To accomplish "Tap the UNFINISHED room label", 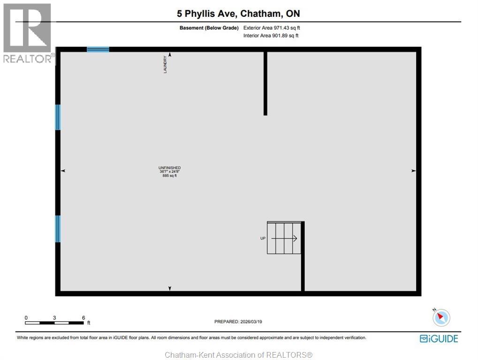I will coord(170,168).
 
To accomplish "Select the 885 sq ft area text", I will coord(170,176).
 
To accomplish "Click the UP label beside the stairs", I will coord(263,238).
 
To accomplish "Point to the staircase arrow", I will coord(284,238).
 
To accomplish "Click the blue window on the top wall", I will coord(98,49).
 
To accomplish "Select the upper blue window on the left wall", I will coord(58,117).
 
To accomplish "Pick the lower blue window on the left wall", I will coord(58,229).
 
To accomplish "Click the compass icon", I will coord(441,317).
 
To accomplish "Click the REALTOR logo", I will coord(27,33).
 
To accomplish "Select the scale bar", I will coord(55,322).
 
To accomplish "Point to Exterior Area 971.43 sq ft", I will coord(272,28).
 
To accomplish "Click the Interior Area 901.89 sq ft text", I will coord(271,36).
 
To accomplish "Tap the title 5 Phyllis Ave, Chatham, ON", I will coord(238,13).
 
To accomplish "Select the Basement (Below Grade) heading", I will coord(209,28).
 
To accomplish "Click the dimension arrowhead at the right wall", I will coord(413,171).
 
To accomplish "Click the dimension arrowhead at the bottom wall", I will coord(170,288).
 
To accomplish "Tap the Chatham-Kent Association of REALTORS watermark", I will coord(239,355).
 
